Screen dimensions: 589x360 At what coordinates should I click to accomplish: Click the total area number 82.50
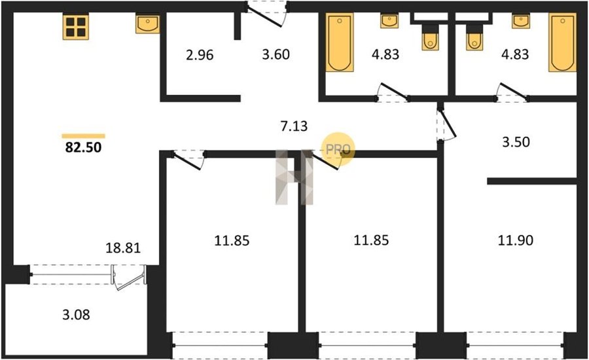pyautogui.click(x=83, y=147)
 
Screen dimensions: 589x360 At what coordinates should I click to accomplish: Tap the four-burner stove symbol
pyautogui.click(x=76, y=27)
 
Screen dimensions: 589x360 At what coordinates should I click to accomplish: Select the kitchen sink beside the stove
pyautogui.click(x=147, y=24)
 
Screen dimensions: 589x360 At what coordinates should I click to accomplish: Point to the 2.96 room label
pyautogui.click(x=200, y=55)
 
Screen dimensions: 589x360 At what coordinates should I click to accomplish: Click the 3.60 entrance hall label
pyautogui.click(x=276, y=54)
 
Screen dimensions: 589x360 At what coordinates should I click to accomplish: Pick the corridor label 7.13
pyautogui.click(x=294, y=126)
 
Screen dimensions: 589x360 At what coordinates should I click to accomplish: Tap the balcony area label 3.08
pyautogui.click(x=77, y=315)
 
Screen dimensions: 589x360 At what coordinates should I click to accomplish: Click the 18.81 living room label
pyautogui.click(x=123, y=248)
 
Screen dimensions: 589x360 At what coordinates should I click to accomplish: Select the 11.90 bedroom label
pyautogui.click(x=516, y=240)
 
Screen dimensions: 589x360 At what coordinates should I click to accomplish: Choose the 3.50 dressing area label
pyautogui.click(x=516, y=142)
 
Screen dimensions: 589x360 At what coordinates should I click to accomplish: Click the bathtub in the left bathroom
pyautogui.click(x=340, y=42)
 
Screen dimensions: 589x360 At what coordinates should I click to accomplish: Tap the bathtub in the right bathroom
pyautogui.click(x=562, y=42)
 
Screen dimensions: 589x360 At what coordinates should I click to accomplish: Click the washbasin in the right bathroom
pyautogui.click(x=521, y=21)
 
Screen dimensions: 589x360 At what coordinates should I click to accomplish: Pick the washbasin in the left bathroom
pyautogui.click(x=389, y=21)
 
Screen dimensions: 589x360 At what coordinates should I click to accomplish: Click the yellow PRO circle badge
pyautogui.click(x=338, y=149)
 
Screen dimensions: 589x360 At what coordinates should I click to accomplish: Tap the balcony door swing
pyautogui.click(x=129, y=278)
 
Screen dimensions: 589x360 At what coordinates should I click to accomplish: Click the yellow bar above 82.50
pyautogui.click(x=83, y=136)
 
